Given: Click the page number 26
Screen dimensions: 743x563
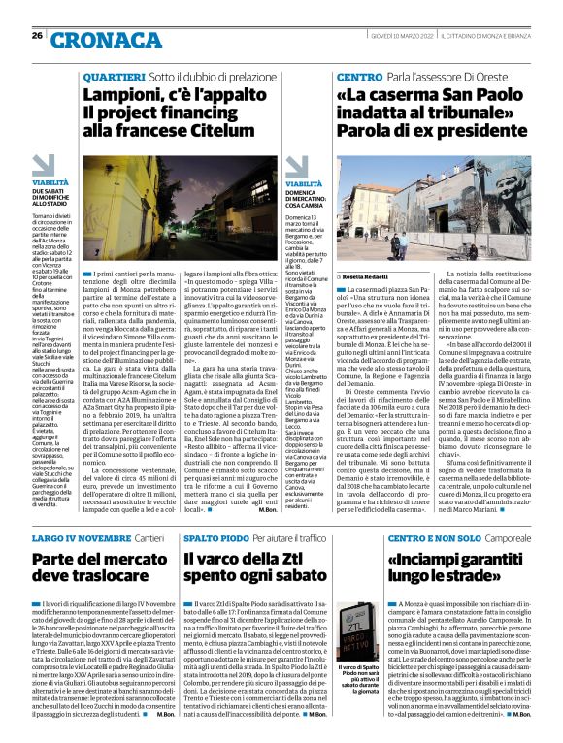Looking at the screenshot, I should click(37, 35).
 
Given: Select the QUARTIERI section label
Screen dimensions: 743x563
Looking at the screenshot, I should click(115, 76).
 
